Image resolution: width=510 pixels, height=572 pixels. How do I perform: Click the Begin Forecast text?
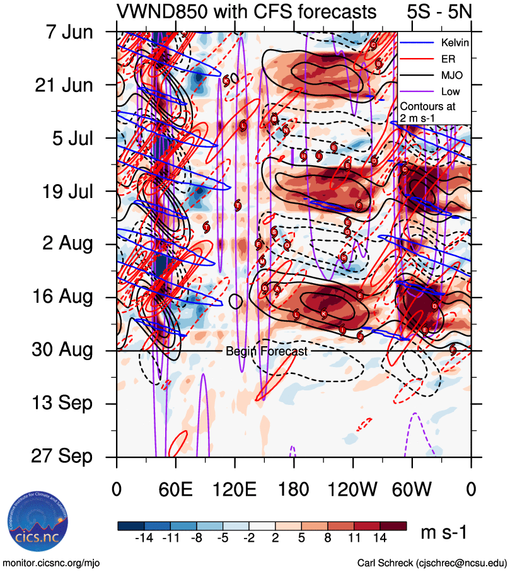pyautogui.click(x=266, y=351)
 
